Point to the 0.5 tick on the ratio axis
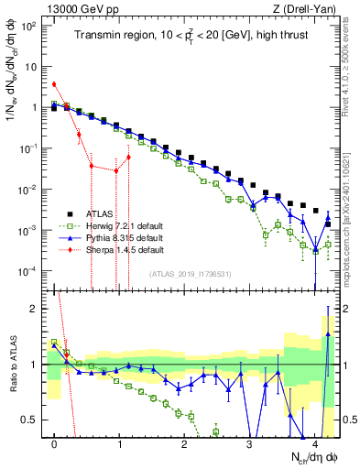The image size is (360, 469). pyautogui.click(x=34, y=420)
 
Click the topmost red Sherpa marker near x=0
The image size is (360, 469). pyautogui.click(x=55, y=84)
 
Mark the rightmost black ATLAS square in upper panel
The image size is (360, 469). pyautogui.click(x=315, y=211)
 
